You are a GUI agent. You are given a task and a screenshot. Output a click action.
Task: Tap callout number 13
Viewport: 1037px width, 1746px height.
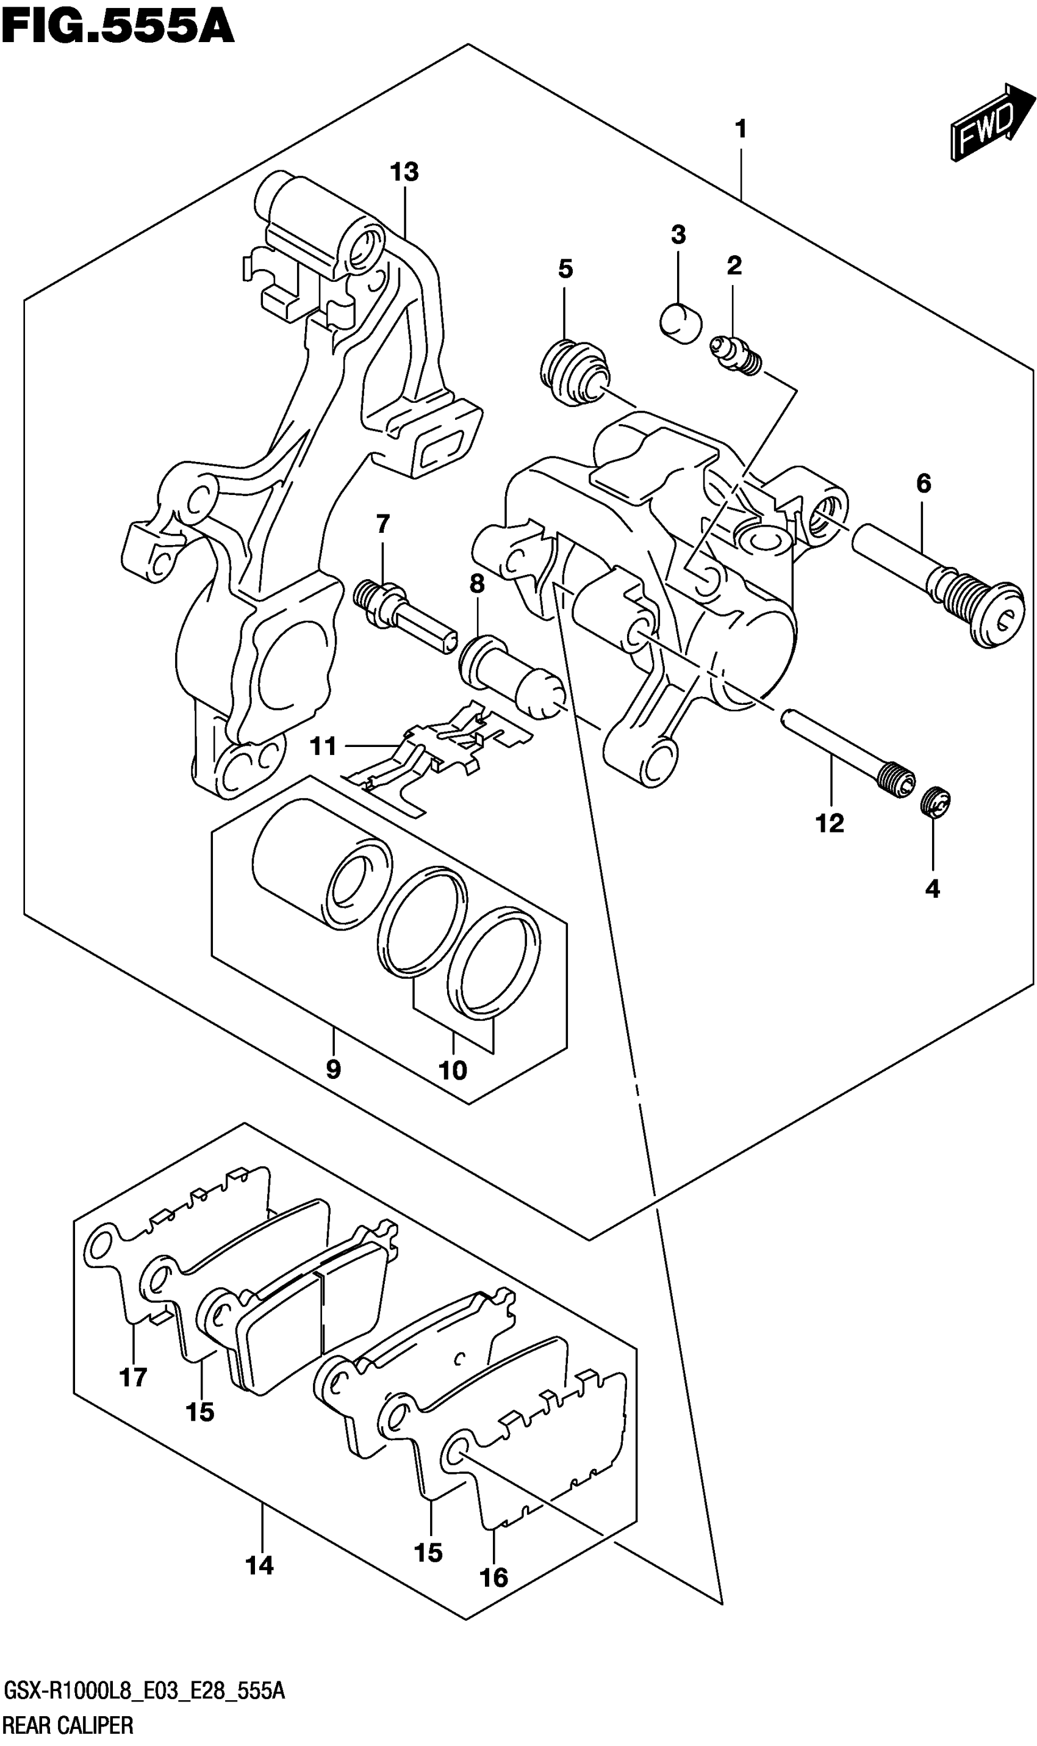pyautogui.click(x=404, y=171)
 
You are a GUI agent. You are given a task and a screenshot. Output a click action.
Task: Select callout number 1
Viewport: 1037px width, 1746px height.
pyautogui.click(x=741, y=129)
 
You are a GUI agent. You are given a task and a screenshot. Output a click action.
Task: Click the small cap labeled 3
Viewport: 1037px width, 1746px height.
pyautogui.click(x=680, y=322)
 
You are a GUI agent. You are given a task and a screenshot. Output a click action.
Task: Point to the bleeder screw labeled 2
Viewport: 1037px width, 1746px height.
pyautogui.click(x=735, y=355)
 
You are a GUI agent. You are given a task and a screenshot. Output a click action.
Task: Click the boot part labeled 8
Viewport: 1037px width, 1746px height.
pyautogui.click(x=512, y=677)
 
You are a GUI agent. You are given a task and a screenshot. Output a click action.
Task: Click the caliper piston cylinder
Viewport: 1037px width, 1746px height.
pyautogui.click(x=322, y=864)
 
